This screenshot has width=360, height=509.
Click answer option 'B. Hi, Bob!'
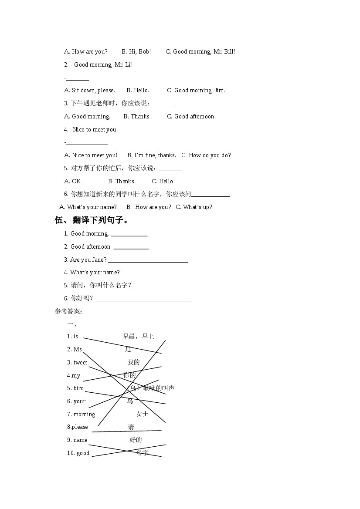tap(136, 52)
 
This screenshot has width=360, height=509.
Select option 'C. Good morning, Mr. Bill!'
tap(200, 52)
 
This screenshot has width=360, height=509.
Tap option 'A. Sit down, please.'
tap(90, 91)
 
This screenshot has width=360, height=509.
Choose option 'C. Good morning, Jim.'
tap(196, 91)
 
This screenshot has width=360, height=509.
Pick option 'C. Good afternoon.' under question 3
tap(191, 117)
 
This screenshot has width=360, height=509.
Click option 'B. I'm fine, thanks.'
tap(152, 155)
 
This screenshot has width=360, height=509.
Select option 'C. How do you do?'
tap(206, 155)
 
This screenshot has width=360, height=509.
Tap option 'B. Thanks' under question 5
tap(121, 182)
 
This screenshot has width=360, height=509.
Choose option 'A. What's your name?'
tap(88, 207)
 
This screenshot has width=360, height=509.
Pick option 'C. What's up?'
tap(194, 207)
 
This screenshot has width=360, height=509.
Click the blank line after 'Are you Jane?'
tap(148, 262)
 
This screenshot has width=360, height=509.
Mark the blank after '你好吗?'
tap(143, 300)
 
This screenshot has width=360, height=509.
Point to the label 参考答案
tap(68, 311)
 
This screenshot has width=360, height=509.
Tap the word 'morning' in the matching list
tap(84, 415)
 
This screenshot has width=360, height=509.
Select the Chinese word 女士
tap(142, 414)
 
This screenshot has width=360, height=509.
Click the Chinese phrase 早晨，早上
tap(138, 337)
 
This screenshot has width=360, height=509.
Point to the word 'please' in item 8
tap(80, 427)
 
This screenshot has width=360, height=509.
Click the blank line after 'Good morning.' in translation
tap(129, 236)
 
